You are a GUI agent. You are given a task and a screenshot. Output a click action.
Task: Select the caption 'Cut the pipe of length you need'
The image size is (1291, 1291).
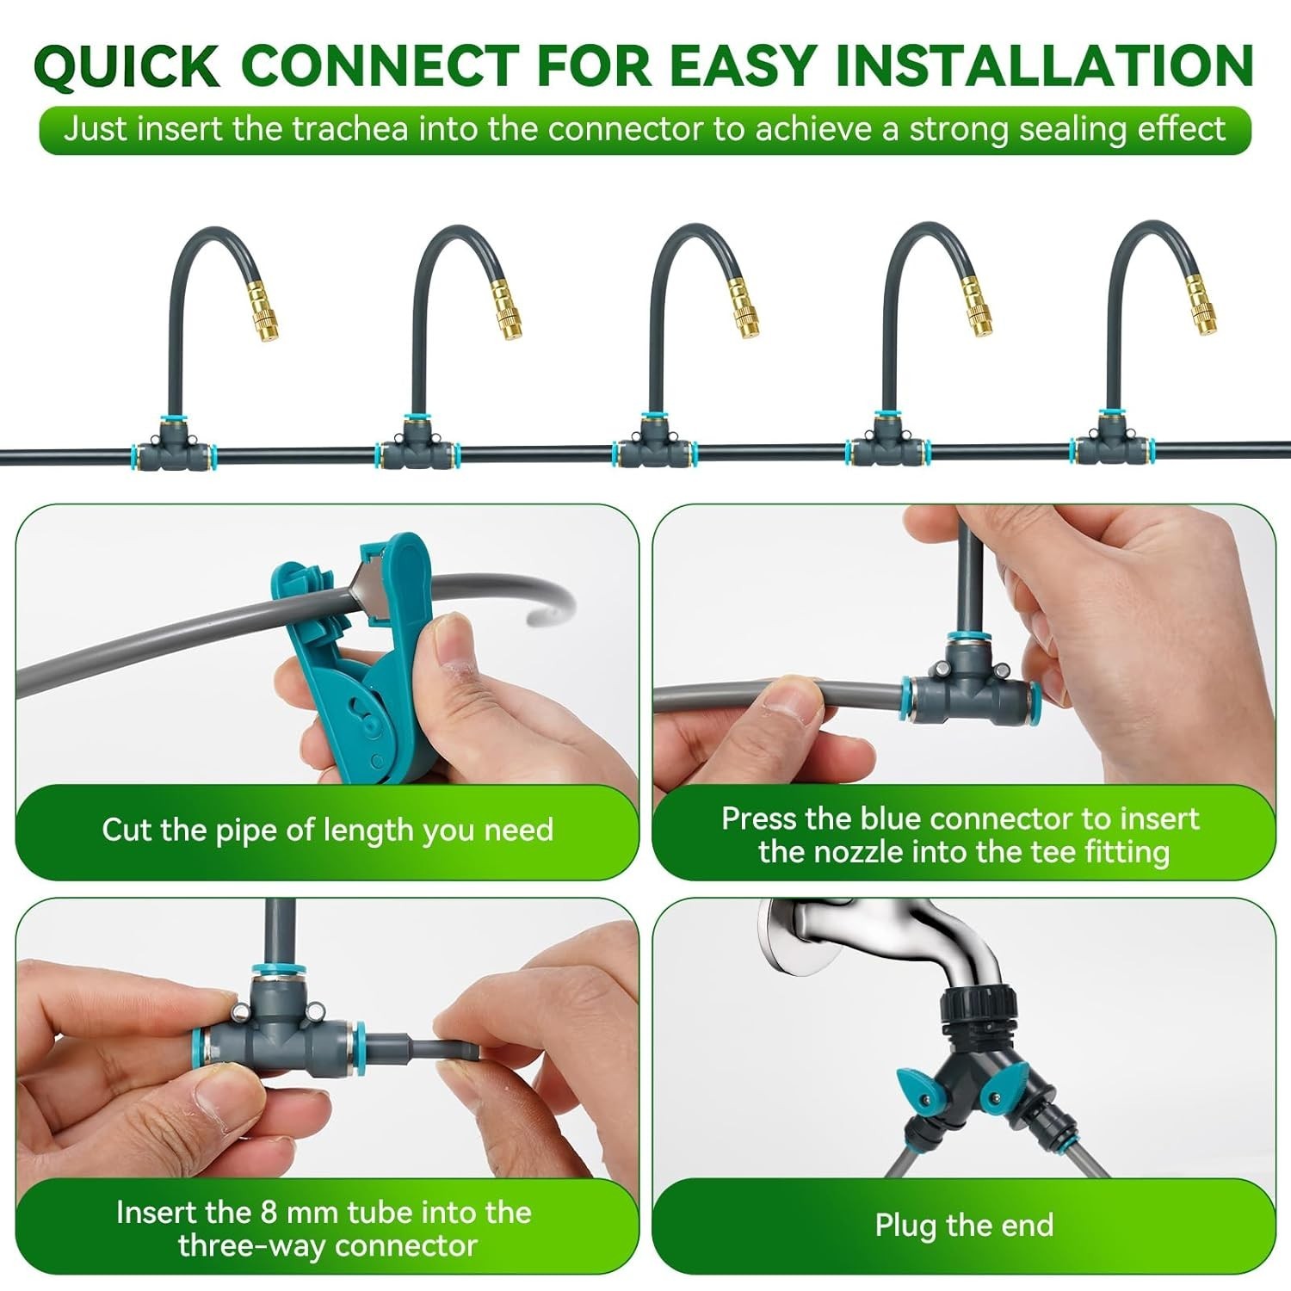327,830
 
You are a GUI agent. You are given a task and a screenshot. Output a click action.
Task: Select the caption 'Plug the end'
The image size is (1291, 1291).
964,1225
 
